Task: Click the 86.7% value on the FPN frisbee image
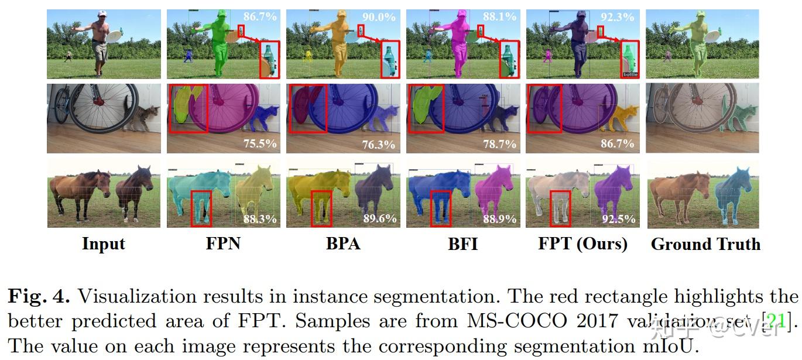coord(259,17)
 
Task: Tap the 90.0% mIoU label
coord(378,17)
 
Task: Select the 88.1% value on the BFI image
coord(499,17)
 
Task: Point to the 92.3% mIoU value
coord(618,17)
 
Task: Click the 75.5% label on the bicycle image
coord(260,143)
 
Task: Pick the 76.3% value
coord(379,143)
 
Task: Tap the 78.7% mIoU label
coord(499,143)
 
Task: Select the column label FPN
coord(223,244)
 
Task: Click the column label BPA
coord(343,244)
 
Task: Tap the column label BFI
coord(462,244)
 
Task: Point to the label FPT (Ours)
coord(582,244)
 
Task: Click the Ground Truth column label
coord(705,244)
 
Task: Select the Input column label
coord(104,244)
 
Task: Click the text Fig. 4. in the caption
coord(39,297)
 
